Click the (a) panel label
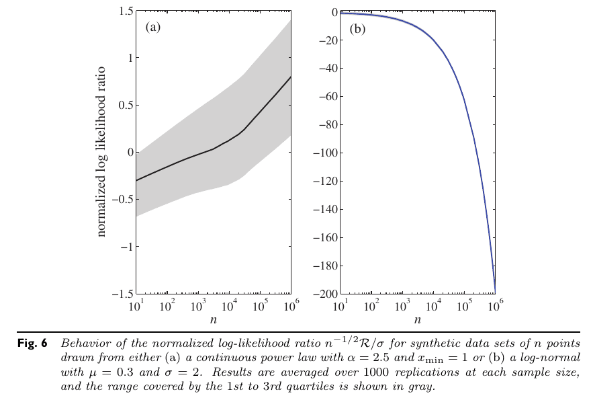point(153,28)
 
